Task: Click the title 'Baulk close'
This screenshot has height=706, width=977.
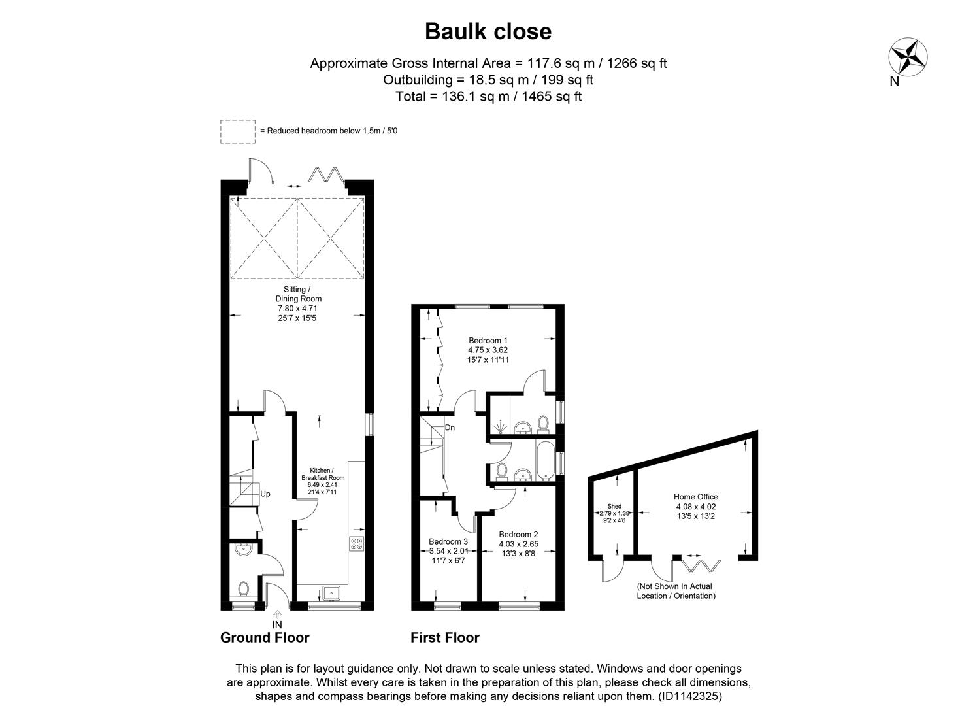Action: click(x=488, y=31)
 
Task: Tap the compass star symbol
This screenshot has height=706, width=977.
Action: click(x=908, y=57)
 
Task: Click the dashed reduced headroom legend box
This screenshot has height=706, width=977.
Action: click(x=238, y=131)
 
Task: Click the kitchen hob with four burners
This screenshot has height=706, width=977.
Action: click(x=357, y=544)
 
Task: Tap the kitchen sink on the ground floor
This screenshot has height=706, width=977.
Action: click(x=331, y=593)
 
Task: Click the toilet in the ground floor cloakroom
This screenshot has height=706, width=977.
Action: click(x=244, y=589)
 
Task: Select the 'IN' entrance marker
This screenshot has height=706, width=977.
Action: click(x=277, y=624)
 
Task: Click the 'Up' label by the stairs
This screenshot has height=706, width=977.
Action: click(x=265, y=494)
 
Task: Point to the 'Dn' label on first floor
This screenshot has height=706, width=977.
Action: click(x=450, y=428)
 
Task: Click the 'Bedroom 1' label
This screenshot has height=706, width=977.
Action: click(x=488, y=341)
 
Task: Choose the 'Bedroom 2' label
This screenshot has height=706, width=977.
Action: click(x=518, y=534)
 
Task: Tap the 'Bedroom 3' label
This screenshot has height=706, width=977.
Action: click(x=448, y=542)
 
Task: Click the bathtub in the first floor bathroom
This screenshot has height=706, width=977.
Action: click(x=543, y=462)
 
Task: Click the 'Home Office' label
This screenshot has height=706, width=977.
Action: click(x=696, y=497)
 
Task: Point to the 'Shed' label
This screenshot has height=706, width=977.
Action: click(x=614, y=506)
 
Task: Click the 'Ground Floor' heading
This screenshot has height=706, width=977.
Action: click(x=265, y=637)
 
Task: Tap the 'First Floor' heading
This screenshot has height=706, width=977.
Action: click(x=444, y=637)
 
